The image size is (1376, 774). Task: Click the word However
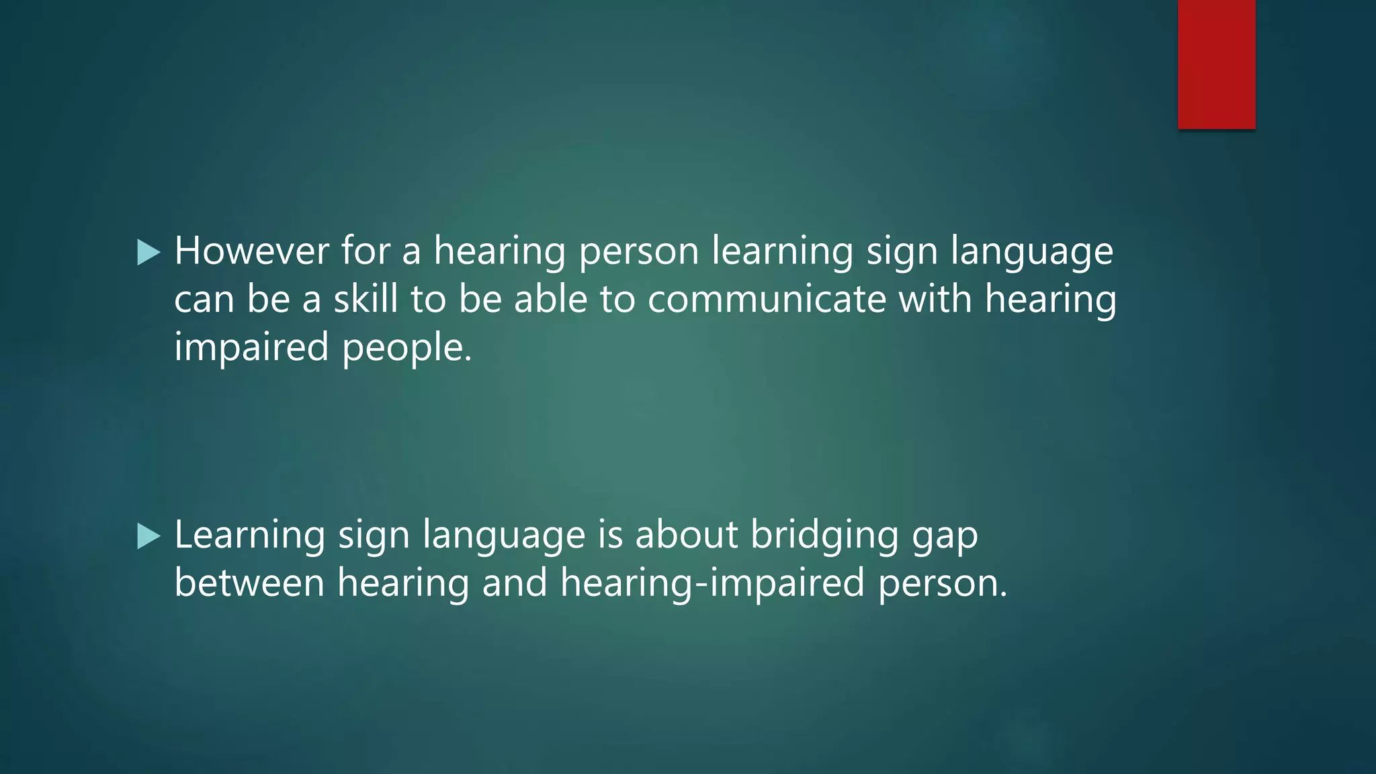click(252, 251)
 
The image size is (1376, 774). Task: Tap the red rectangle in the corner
click(1216, 64)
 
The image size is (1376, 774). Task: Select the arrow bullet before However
click(148, 253)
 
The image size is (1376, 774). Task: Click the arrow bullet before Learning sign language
click(148, 536)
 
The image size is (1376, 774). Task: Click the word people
click(407, 348)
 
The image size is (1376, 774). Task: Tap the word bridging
click(824, 536)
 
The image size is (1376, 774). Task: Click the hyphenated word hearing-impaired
click(712, 583)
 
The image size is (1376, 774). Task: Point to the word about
click(687, 535)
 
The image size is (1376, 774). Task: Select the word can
click(204, 300)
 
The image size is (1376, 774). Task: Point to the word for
click(365, 251)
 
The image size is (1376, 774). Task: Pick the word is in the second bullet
click(610, 535)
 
